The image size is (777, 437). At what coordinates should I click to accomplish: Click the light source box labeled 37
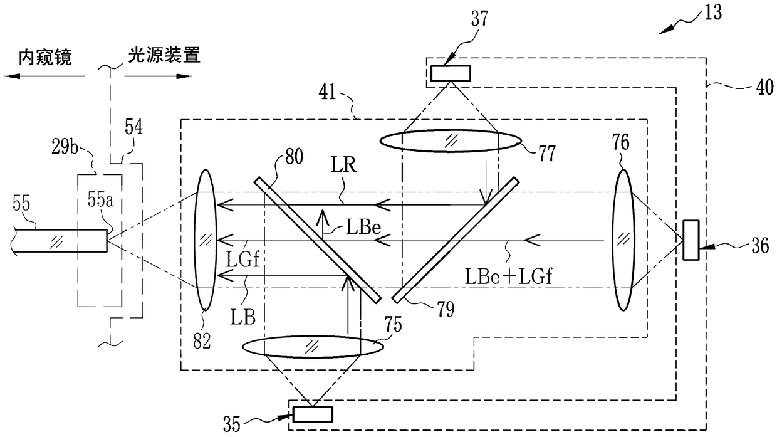(450, 74)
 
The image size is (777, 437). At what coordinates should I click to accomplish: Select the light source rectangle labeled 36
(692, 239)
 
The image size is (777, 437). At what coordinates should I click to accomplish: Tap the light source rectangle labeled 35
(311, 414)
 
